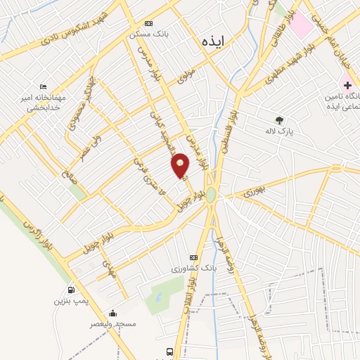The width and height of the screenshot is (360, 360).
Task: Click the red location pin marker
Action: (181, 165)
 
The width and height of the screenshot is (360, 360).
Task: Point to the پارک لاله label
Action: (280, 131)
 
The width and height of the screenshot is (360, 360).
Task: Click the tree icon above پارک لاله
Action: (280, 120)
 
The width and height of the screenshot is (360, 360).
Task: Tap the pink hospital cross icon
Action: (347, 85)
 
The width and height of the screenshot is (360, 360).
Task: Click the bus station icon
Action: (169, 352)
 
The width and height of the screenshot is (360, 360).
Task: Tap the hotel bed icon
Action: (44, 86)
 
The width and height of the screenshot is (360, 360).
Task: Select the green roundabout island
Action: (210, 195)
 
